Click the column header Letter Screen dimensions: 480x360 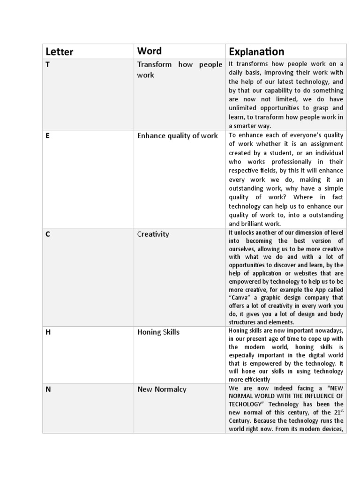[x=59, y=52]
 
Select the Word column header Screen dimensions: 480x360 [x=149, y=51]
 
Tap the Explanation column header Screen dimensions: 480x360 [x=256, y=52]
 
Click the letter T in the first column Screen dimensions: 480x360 [x=47, y=65]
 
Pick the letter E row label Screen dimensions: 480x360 [x=47, y=136]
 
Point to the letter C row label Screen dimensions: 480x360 [x=47, y=234]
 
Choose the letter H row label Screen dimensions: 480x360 [x=47, y=332]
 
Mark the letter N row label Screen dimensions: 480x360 [x=47, y=389]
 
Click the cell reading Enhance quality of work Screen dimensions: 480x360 [x=177, y=136]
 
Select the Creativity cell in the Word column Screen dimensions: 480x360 [x=153, y=234]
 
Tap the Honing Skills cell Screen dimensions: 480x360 [x=158, y=332]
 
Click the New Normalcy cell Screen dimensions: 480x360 [x=162, y=389]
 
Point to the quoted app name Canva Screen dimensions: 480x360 [x=240, y=298]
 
